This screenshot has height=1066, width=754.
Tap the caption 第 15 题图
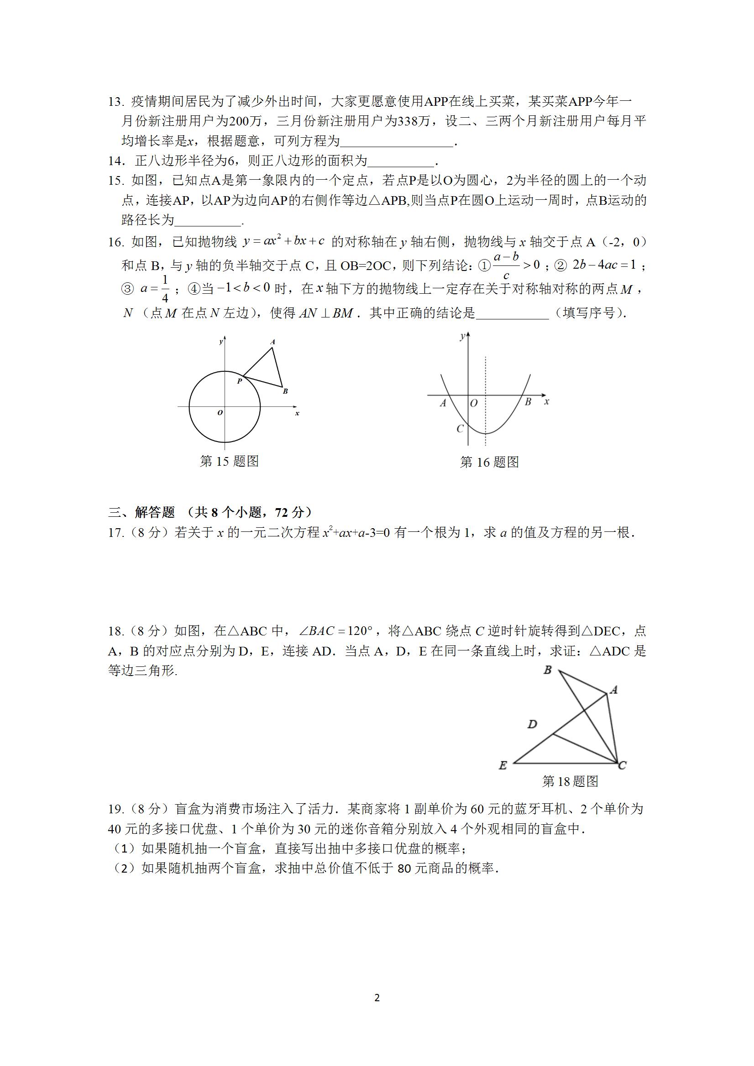click(x=229, y=461)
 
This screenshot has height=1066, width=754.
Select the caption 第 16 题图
click(x=489, y=462)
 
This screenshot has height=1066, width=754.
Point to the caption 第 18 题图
click(x=570, y=781)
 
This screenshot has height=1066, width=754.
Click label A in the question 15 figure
click(x=272, y=342)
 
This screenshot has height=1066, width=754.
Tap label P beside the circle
click(x=239, y=381)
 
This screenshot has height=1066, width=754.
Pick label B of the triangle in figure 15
click(x=285, y=391)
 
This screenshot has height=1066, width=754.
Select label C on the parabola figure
click(x=460, y=428)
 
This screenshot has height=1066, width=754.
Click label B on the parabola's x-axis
click(x=528, y=402)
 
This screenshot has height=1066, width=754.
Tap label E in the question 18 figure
click(x=503, y=765)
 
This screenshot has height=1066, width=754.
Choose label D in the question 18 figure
click(x=532, y=724)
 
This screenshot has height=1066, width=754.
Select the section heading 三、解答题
click(x=141, y=512)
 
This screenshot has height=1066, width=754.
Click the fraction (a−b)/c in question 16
click(x=506, y=266)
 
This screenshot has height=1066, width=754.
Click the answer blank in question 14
click(x=400, y=161)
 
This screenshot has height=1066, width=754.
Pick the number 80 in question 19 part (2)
click(x=405, y=868)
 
